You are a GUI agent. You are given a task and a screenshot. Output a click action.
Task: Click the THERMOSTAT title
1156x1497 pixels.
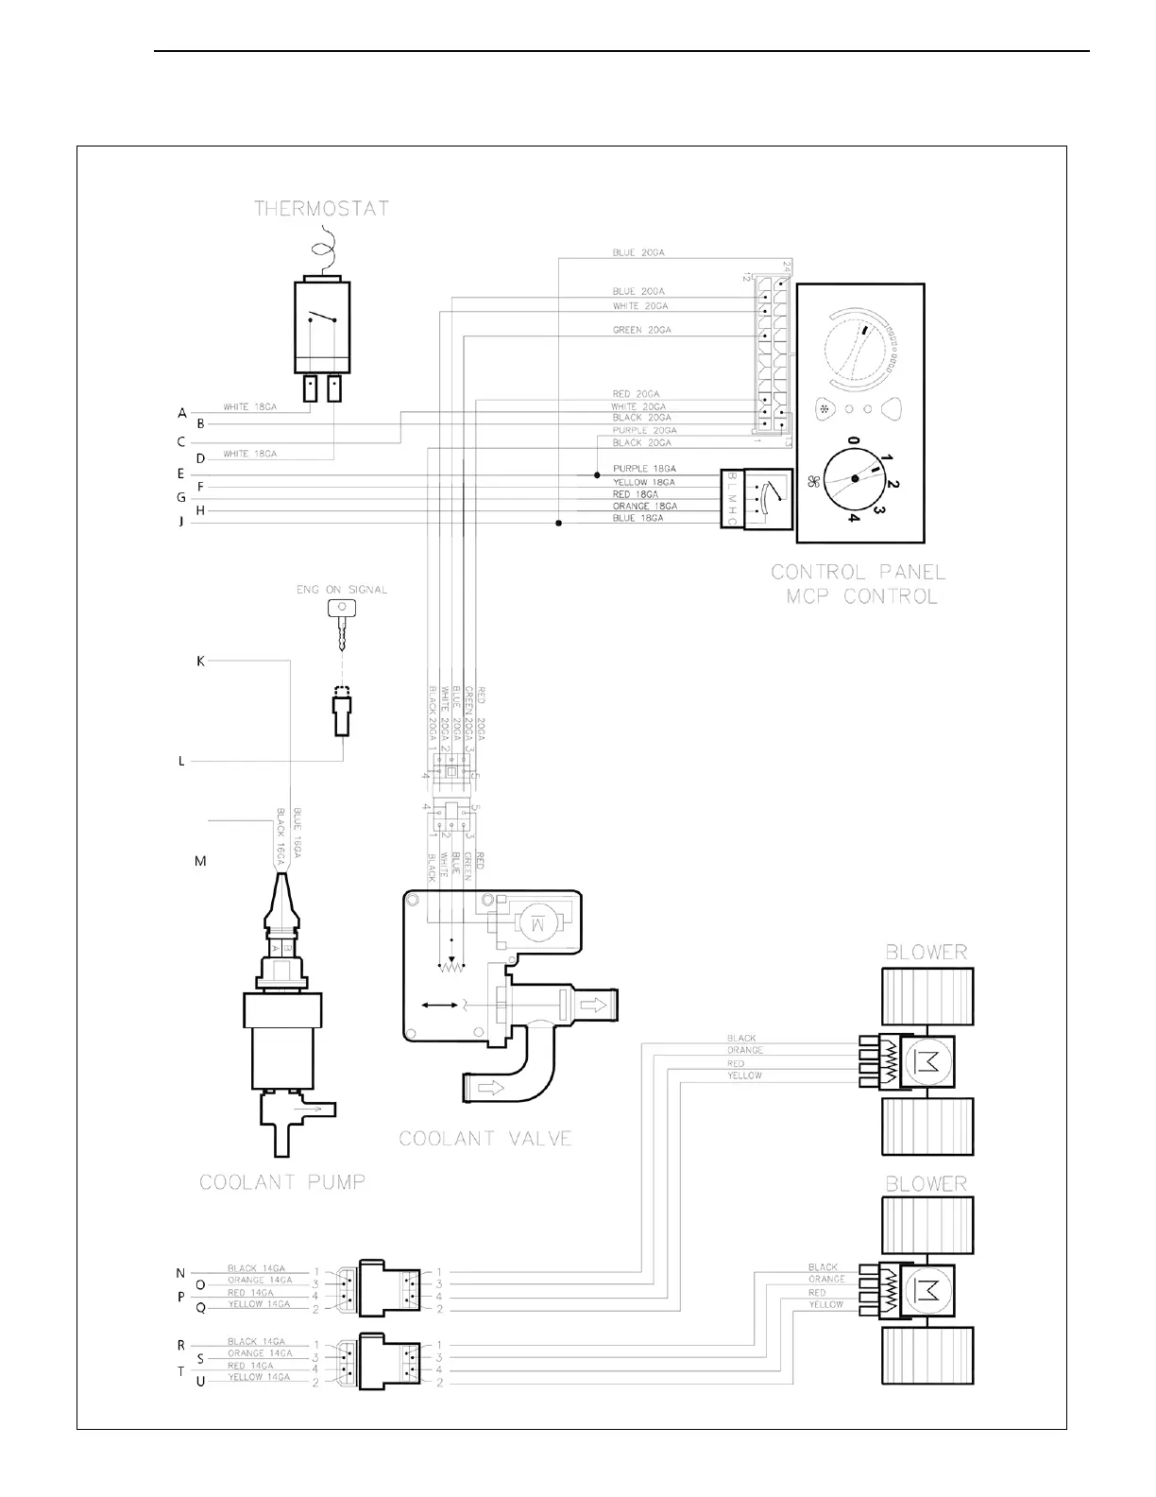pos(321,209)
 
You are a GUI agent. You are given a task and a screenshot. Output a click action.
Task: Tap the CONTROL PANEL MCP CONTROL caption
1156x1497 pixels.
pos(858,584)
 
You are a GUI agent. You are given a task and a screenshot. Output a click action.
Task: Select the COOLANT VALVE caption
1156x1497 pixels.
pos(485,1138)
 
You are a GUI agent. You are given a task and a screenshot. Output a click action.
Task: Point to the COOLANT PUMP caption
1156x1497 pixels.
pos(282,1181)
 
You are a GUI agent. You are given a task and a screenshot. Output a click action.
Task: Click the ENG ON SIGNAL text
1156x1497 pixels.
pos(342,590)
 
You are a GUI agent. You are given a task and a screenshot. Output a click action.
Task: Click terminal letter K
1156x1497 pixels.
pos(200,662)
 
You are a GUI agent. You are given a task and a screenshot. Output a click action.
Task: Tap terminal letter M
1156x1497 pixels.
pos(200,861)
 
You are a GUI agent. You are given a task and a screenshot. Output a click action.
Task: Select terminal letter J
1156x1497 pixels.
pos(181,523)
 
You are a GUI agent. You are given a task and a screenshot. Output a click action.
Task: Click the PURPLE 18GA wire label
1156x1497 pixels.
pos(644,469)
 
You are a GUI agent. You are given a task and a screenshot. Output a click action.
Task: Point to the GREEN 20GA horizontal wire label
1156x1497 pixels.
pos(642,331)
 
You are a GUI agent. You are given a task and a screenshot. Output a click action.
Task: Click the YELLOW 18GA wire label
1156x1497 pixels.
pos(644,482)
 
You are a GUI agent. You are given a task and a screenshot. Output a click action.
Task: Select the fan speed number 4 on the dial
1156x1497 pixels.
pos(853,518)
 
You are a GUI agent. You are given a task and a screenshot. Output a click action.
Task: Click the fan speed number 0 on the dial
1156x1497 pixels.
pos(852,441)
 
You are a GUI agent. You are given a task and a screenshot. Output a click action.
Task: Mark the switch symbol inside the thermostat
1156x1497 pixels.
pos(322,318)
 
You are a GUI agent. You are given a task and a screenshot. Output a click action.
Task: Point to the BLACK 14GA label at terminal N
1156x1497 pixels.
pos(256,1268)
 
